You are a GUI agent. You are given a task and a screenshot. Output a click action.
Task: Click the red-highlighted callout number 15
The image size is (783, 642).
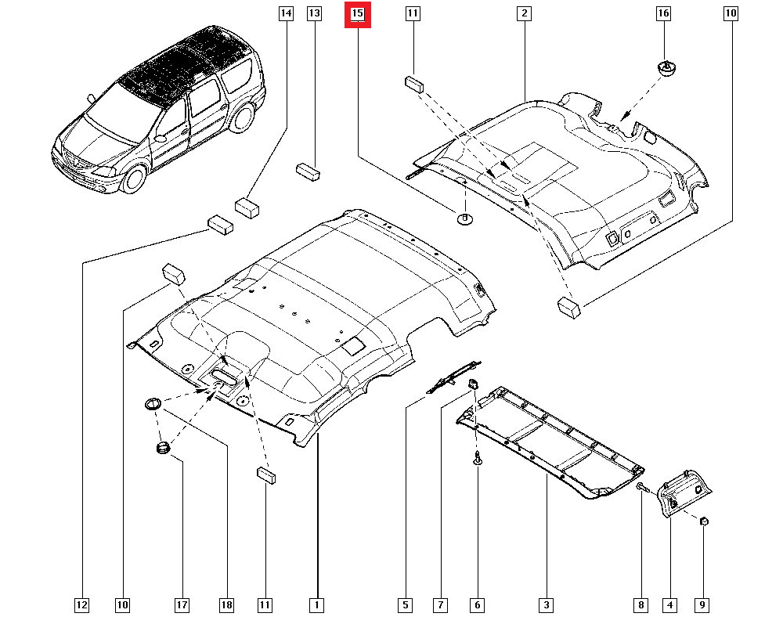[358, 14]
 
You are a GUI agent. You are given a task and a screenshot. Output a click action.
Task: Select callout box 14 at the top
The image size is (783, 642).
[286, 13]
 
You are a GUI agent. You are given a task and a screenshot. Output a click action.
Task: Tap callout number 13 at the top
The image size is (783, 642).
[314, 13]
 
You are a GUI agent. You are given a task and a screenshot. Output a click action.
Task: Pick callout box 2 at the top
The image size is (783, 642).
[524, 13]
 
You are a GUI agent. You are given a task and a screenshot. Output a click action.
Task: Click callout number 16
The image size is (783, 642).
[663, 13]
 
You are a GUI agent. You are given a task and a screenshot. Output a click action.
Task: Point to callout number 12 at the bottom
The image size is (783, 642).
[81, 605]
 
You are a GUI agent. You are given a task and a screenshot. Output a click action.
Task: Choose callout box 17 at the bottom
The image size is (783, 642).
[182, 605]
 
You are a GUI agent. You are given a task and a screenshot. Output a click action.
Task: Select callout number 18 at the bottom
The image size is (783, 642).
[226, 605]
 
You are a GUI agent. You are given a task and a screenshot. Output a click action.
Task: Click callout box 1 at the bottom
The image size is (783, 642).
[316, 605]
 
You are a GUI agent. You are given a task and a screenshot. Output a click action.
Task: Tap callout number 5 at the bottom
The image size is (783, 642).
[405, 605]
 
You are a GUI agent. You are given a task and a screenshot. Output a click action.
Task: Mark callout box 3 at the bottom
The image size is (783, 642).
[546, 605]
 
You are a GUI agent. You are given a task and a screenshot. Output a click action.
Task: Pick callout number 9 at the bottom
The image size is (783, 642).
[702, 605]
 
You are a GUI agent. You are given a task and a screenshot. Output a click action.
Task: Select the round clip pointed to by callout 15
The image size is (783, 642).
[465, 218]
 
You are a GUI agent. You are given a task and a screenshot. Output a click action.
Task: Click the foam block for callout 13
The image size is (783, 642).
[308, 171]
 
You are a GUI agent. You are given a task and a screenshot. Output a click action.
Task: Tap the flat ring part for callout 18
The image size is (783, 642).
[153, 403]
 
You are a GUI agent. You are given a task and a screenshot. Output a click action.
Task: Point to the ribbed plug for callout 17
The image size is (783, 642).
[163, 448]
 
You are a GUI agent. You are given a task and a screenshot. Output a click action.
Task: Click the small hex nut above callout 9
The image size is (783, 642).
[704, 521]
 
